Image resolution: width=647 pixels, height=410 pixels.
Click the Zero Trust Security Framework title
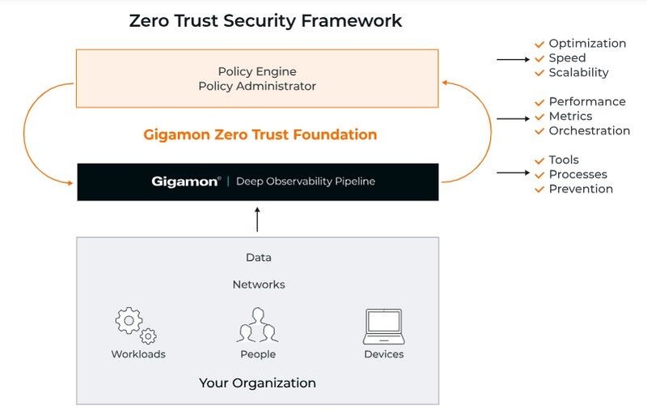point(265,21)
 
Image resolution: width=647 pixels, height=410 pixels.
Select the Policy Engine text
point(257,70)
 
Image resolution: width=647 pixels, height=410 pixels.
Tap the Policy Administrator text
point(257,86)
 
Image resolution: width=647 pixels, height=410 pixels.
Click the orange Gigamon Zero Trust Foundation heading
point(260,135)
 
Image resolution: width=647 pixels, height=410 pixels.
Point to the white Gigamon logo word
point(185,182)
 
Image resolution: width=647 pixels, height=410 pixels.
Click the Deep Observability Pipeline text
point(305,182)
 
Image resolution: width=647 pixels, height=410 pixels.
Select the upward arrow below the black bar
point(257,219)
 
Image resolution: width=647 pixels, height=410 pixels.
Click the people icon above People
point(257,325)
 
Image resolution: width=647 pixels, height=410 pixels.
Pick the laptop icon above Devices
point(383,325)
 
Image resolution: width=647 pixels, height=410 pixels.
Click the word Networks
point(258,284)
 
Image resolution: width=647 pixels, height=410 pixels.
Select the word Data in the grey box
point(258,258)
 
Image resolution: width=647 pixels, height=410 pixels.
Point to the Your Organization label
point(257,382)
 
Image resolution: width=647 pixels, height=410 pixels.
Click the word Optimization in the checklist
point(587,44)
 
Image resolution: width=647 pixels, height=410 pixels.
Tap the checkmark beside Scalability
point(539,73)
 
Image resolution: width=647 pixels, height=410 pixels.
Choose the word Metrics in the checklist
point(570,117)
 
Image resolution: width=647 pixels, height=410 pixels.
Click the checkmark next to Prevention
point(539,190)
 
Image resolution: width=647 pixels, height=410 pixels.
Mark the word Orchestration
point(589,131)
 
